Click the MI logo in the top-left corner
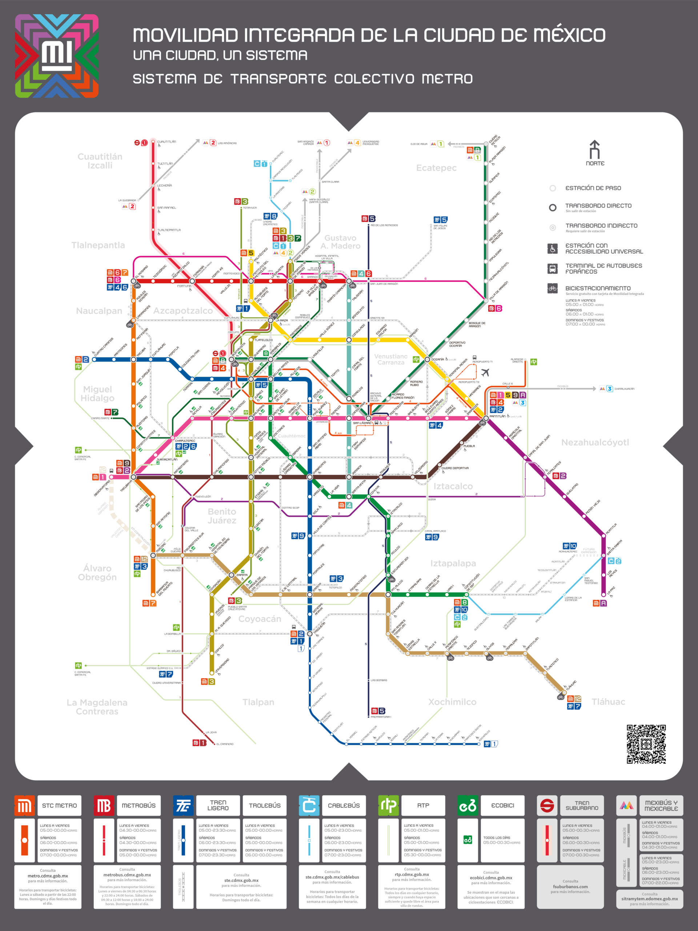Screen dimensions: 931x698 [x=57, y=56]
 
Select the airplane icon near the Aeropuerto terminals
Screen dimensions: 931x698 [x=485, y=372]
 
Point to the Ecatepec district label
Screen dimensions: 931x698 [x=436, y=168]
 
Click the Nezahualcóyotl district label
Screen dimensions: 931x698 [x=595, y=442]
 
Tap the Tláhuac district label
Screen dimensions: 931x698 [x=608, y=702]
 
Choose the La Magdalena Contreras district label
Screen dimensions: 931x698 [x=97, y=707]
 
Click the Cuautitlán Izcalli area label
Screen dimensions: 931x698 [x=100, y=161]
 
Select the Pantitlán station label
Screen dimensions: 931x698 [x=498, y=416]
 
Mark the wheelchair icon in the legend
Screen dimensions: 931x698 [x=553, y=249]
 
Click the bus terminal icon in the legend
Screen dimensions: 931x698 [x=553, y=268]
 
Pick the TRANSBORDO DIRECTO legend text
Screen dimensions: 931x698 [x=598, y=206]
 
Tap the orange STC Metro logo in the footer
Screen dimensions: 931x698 [x=24, y=806]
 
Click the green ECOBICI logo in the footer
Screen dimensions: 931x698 [x=468, y=806]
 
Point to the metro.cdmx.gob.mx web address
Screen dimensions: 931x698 [x=48, y=876]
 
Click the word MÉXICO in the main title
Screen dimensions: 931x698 [x=569, y=35]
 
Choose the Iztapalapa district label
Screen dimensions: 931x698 [x=453, y=563]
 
